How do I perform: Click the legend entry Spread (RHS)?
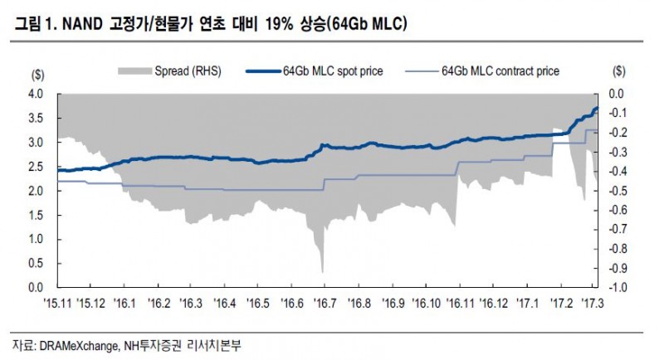[188, 72]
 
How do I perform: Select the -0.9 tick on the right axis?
[617, 268]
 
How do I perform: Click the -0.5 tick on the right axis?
[617, 191]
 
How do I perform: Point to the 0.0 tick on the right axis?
[617, 95]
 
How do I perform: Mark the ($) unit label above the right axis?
[618, 73]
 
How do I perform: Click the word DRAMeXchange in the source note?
[81, 343]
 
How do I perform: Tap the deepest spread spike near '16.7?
[322, 271]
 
